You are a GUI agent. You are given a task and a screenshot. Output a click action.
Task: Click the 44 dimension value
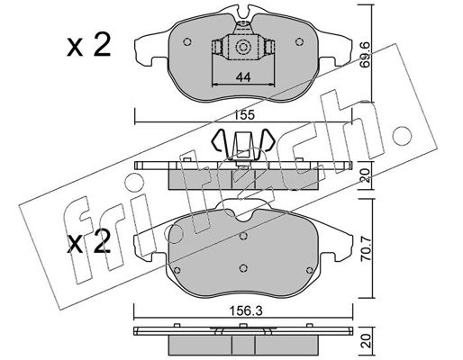(243, 77)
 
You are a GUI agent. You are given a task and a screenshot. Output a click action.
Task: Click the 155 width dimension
(245, 115)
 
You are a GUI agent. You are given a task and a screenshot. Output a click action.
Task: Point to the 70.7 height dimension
(365, 249)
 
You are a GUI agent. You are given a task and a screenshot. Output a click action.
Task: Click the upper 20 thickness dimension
(365, 175)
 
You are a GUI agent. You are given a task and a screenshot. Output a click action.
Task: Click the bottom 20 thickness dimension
(365, 341)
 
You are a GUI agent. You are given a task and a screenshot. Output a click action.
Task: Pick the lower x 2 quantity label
(88, 242)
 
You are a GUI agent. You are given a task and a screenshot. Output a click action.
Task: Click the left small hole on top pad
(187, 41)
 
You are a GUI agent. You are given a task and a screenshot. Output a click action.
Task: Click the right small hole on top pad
(299, 41)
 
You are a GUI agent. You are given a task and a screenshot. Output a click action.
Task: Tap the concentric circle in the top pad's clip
(242, 47)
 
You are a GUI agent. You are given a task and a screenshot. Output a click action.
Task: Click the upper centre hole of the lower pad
(243, 236)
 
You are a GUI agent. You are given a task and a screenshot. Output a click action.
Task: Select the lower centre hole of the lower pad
(243, 268)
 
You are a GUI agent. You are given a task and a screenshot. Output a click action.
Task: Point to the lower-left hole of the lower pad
(177, 270)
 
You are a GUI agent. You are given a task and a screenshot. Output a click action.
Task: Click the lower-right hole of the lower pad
(310, 271)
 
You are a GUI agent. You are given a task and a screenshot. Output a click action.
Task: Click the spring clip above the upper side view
(243, 145)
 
